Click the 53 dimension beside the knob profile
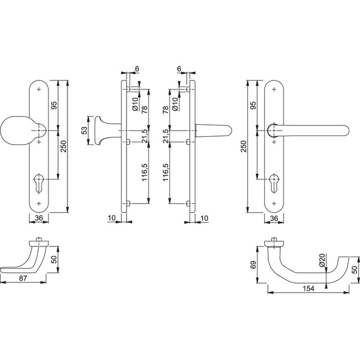[x=85, y=130]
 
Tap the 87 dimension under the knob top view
[x=23, y=278]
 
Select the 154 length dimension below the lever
[x=308, y=289]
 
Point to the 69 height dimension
[x=253, y=265]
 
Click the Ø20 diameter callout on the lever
[x=322, y=260]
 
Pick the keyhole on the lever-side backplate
[x=274, y=183]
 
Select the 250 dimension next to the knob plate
[x=63, y=146]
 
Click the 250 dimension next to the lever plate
[x=244, y=146]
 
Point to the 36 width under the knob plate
[x=39, y=218]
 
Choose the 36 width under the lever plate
[x=274, y=218]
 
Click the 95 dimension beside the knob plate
[x=54, y=105]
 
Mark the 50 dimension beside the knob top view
[x=54, y=259]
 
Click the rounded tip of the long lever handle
[x=346, y=131]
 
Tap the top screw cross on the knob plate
[x=39, y=89]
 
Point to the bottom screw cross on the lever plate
[x=274, y=204]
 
